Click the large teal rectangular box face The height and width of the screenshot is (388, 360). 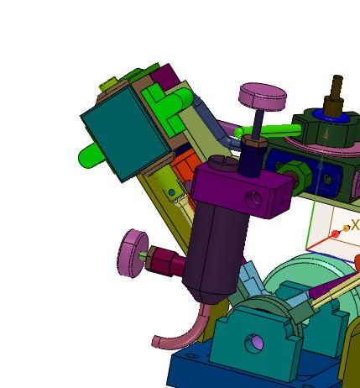pos(126,133)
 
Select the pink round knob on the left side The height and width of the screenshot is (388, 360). pos(133,253)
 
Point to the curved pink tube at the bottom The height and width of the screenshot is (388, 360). pos(182,330)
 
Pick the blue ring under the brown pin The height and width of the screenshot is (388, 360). pos(331,116)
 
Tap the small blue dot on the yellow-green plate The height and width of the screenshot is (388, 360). pos(172,192)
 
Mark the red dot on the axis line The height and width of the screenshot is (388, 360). pos(335,233)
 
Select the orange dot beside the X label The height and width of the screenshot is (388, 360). pos(347,228)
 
